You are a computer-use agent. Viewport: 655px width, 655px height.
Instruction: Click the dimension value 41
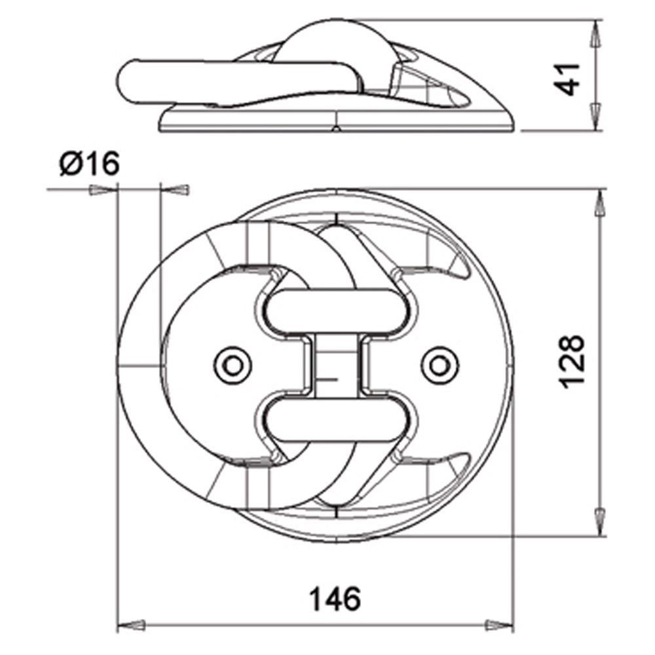569,79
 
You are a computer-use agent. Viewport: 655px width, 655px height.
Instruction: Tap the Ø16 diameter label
89,164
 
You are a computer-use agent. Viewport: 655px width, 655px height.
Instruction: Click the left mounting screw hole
233,364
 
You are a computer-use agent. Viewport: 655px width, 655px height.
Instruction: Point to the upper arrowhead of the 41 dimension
595,36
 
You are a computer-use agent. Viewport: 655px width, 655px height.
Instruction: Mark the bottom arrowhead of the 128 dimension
598,521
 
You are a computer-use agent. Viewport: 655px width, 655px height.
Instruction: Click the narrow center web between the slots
335,364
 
